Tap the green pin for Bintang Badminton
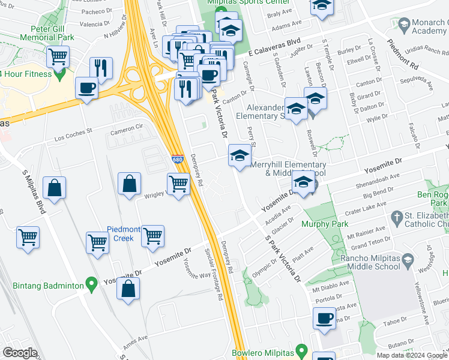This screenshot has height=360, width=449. click(x=91, y=282)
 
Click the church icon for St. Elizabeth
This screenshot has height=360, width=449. click(x=396, y=216)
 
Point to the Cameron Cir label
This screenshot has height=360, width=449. click(x=127, y=128)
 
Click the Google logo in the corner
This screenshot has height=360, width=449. click(x=20, y=353)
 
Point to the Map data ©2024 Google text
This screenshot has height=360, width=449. click(x=412, y=355)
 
